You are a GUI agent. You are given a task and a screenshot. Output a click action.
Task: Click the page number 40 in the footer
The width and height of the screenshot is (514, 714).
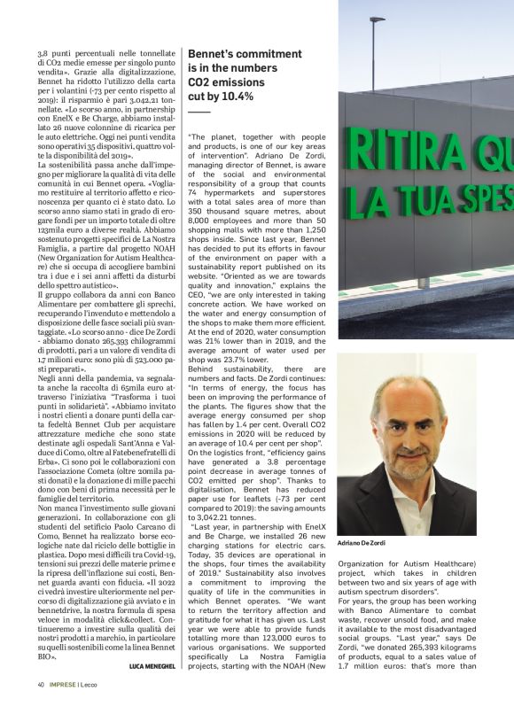(41, 683)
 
